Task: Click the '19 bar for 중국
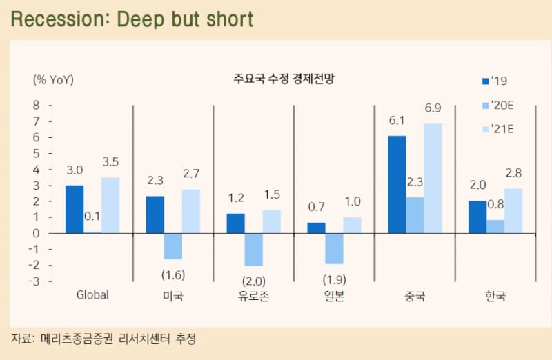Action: [397, 184]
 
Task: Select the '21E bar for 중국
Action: [433, 178]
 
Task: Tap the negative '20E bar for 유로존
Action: [254, 249]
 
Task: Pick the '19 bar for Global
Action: [75, 209]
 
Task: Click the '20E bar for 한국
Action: [495, 226]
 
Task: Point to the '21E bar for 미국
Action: [191, 211]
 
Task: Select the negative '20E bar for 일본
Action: [334, 248]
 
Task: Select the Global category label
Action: [92, 296]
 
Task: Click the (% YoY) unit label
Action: [53, 79]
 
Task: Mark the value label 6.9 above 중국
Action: [433, 108]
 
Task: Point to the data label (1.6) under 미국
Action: [173, 274]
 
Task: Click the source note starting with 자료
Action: [103, 339]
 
